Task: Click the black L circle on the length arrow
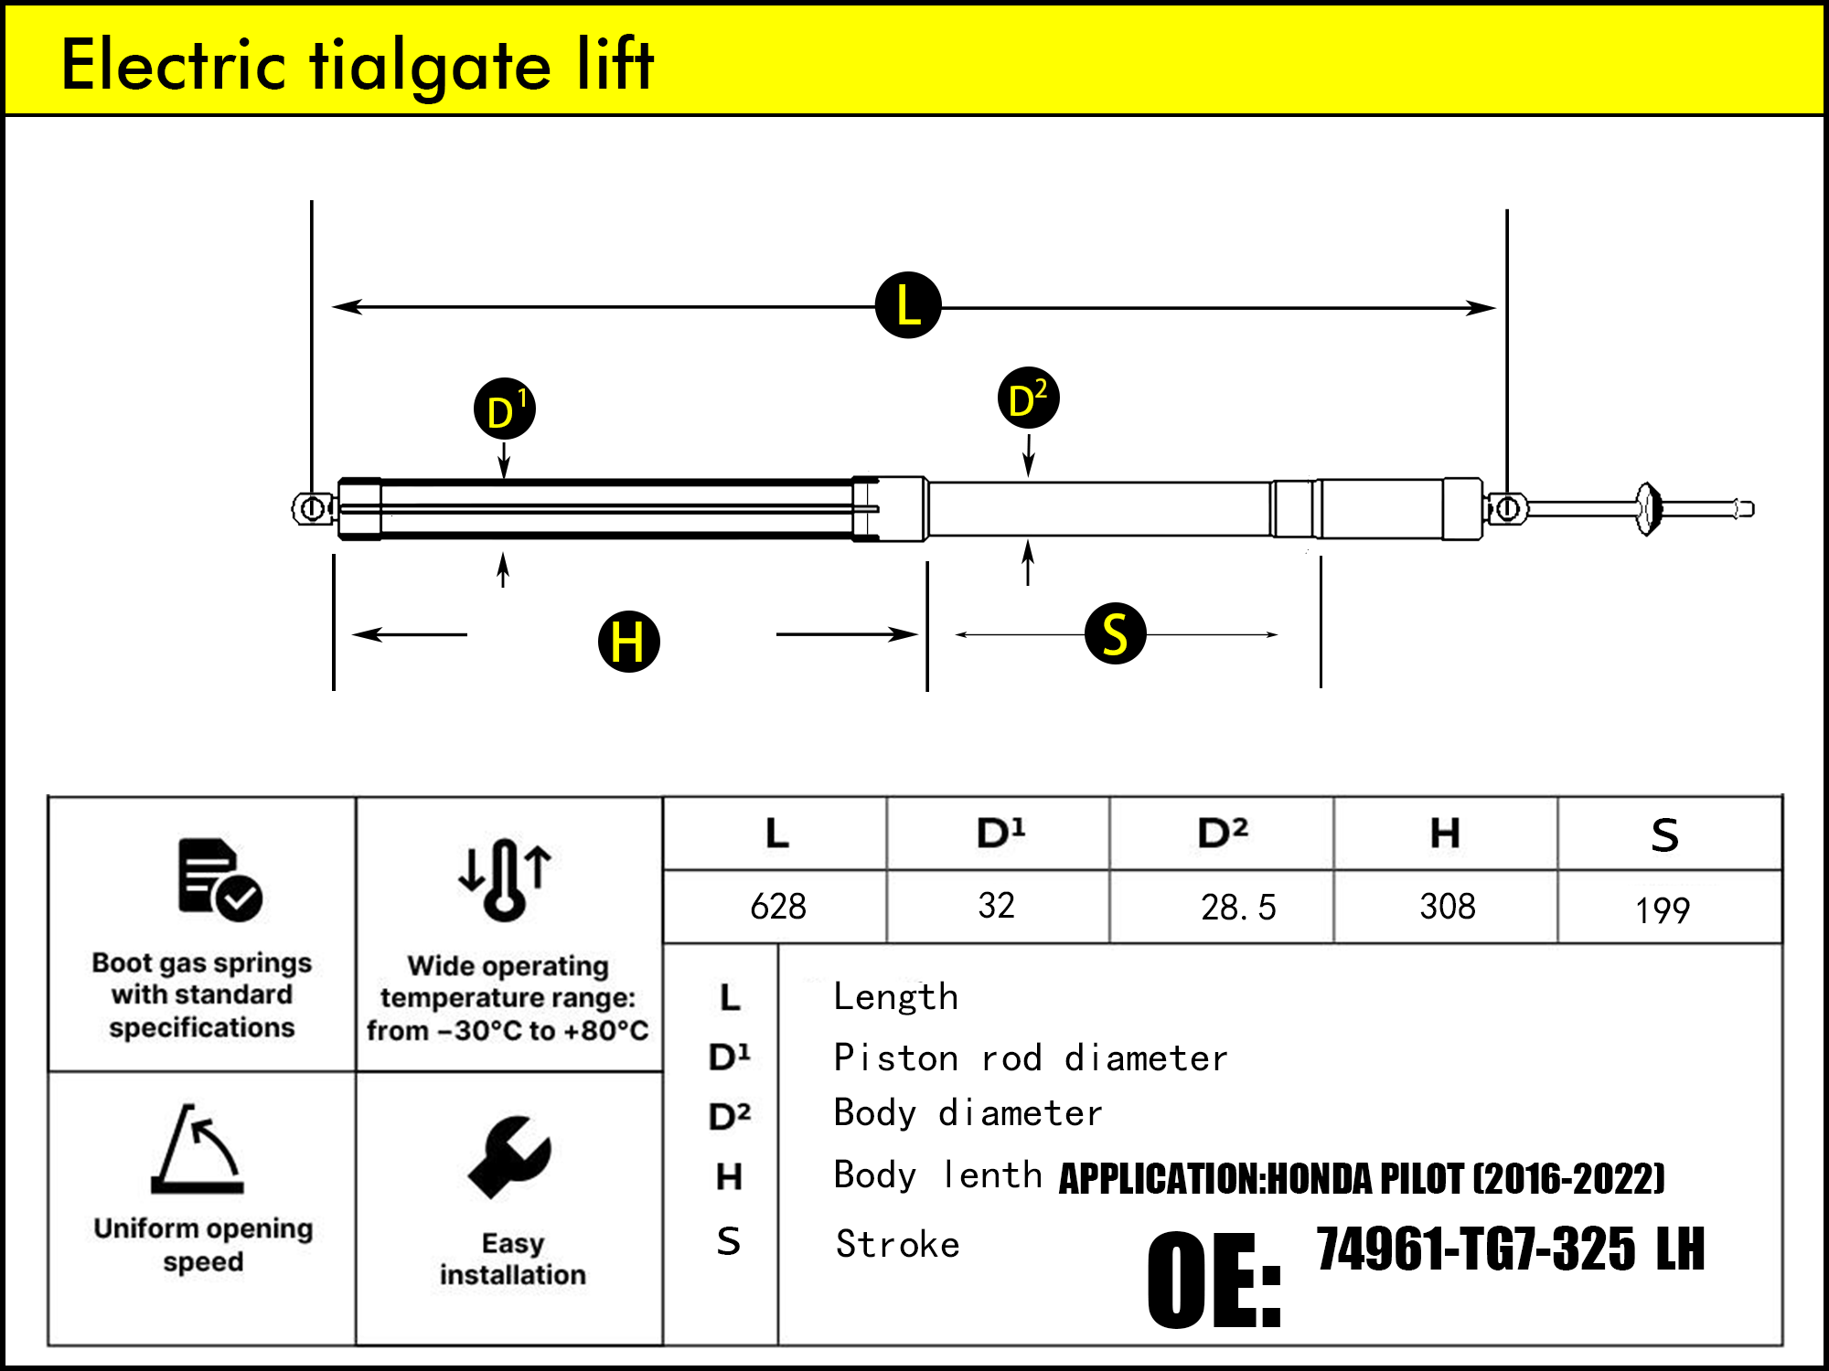[x=908, y=305]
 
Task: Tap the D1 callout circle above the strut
[x=505, y=409]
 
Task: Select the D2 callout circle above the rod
[x=1028, y=399]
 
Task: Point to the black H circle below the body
[x=629, y=642]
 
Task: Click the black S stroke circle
[x=1115, y=633]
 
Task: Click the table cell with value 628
[x=777, y=907]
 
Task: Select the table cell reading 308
[x=1447, y=907]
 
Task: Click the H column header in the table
[x=1445, y=834]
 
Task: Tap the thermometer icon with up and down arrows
[x=505, y=878]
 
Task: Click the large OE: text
[x=1214, y=1280]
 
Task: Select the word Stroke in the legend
[x=897, y=1244]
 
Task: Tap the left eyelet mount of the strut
[x=313, y=508]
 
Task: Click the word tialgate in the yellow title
[x=431, y=66]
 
